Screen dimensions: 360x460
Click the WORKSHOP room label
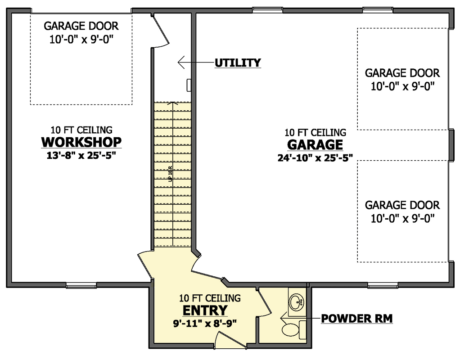click(81, 142)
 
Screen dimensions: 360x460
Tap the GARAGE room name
click(315, 145)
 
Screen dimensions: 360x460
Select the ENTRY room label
click(205, 310)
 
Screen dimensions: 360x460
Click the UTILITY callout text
click(237, 63)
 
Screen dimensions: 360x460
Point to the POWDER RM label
click(357, 319)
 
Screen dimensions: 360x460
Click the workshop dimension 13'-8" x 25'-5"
click(81, 156)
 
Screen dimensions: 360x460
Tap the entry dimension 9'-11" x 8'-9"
click(205, 323)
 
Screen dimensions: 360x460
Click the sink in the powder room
click(296, 301)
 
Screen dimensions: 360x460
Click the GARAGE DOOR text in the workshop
click(81, 26)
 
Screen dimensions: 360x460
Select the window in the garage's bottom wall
click(383, 285)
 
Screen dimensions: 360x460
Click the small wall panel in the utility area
click(189, 85)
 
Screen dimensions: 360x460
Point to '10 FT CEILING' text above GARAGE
click(315, 133)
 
